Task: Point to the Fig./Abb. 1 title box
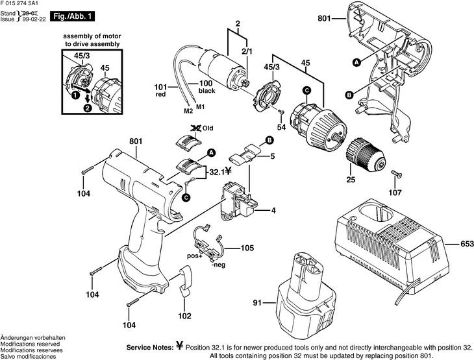(x=71, y=15)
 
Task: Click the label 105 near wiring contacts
(x=247, y=248)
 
